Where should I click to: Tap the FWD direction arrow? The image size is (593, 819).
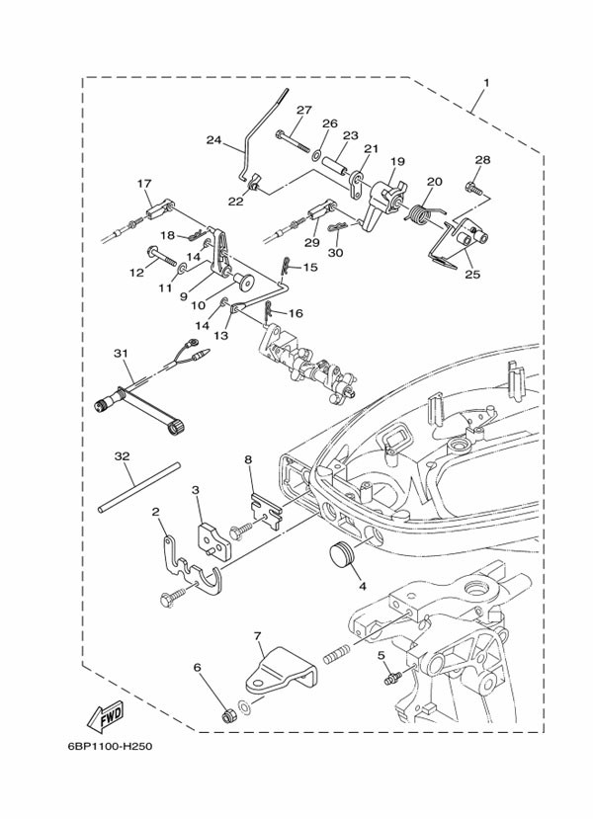click(102, 713)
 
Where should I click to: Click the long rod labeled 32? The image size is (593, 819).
click(138, 487)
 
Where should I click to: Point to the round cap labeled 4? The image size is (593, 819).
click(341, 555)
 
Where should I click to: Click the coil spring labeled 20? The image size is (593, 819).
click(421, 211)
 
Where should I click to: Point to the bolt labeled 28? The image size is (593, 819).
click(475, 186)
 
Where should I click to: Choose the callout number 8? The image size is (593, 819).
click(249, 459)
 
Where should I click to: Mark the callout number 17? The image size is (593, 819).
click(144, 183)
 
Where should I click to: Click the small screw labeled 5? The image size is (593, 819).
click(392, 677)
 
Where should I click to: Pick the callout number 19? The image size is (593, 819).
click(397, 161)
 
